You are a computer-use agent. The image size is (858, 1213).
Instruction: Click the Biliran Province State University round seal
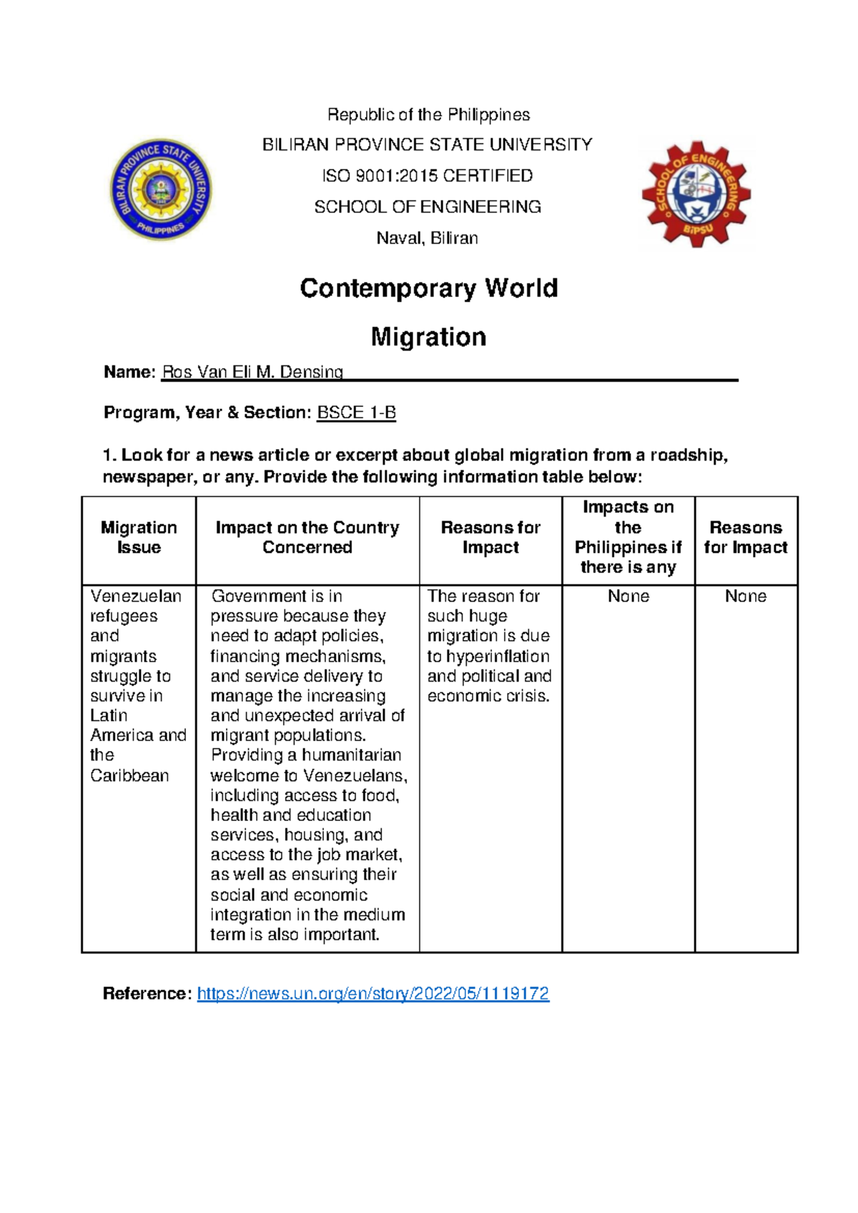161,190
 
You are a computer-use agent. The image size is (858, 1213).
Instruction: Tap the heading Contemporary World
428,288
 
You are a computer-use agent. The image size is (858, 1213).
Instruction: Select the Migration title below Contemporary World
428,337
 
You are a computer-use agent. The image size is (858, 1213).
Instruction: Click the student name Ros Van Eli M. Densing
252,372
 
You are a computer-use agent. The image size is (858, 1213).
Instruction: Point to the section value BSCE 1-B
356,413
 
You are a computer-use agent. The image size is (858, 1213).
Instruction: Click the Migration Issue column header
139,537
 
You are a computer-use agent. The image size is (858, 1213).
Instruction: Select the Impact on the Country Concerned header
307,537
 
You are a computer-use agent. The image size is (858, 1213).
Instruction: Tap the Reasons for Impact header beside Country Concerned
490,537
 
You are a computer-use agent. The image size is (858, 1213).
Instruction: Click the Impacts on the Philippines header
628,537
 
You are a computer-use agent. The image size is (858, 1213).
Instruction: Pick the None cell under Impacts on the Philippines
628,596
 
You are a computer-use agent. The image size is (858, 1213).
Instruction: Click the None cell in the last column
745,596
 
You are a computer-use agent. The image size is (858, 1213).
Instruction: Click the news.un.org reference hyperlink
373,993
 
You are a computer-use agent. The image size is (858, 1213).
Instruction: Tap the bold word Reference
147,993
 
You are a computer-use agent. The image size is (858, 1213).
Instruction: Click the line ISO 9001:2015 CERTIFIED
427,176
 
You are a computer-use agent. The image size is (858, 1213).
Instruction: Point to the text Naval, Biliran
427,238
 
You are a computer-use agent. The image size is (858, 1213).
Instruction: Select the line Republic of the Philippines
428,114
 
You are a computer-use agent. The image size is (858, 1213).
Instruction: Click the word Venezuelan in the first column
136,596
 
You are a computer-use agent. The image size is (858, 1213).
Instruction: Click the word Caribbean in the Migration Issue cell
129,775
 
